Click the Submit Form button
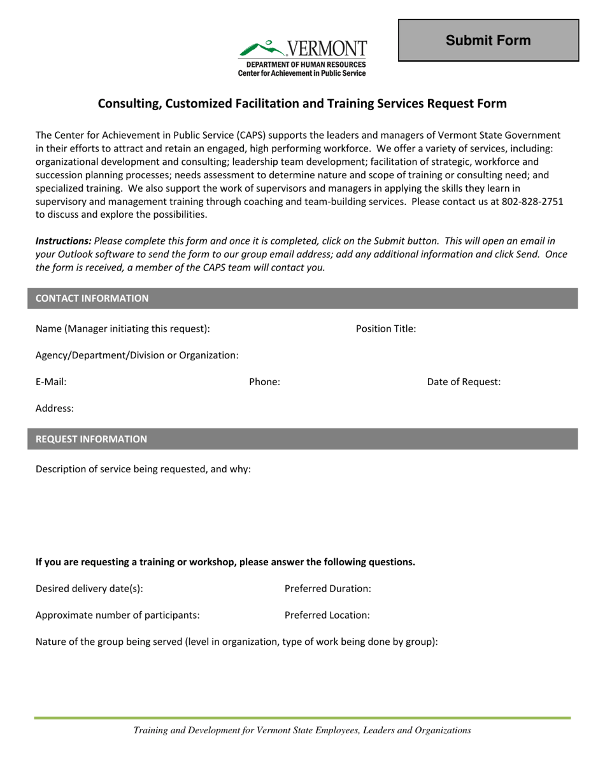coord(488,41)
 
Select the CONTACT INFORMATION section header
coord(93,298)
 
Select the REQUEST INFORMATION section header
coord(92,439)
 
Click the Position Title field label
coord(386,328)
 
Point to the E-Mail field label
coord(51,382)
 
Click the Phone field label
coord(264,382)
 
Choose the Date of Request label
coord(464,382)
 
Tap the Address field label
coord(55,409)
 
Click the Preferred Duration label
coord(328,588)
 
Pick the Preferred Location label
coord(327,615)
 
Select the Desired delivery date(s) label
coord(89,588)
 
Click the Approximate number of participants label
coord(118,615)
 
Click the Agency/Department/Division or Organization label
coord(138,355)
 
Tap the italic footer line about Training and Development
coord(302,731)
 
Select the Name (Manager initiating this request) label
coord(123,328)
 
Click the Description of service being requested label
coord(143,469)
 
